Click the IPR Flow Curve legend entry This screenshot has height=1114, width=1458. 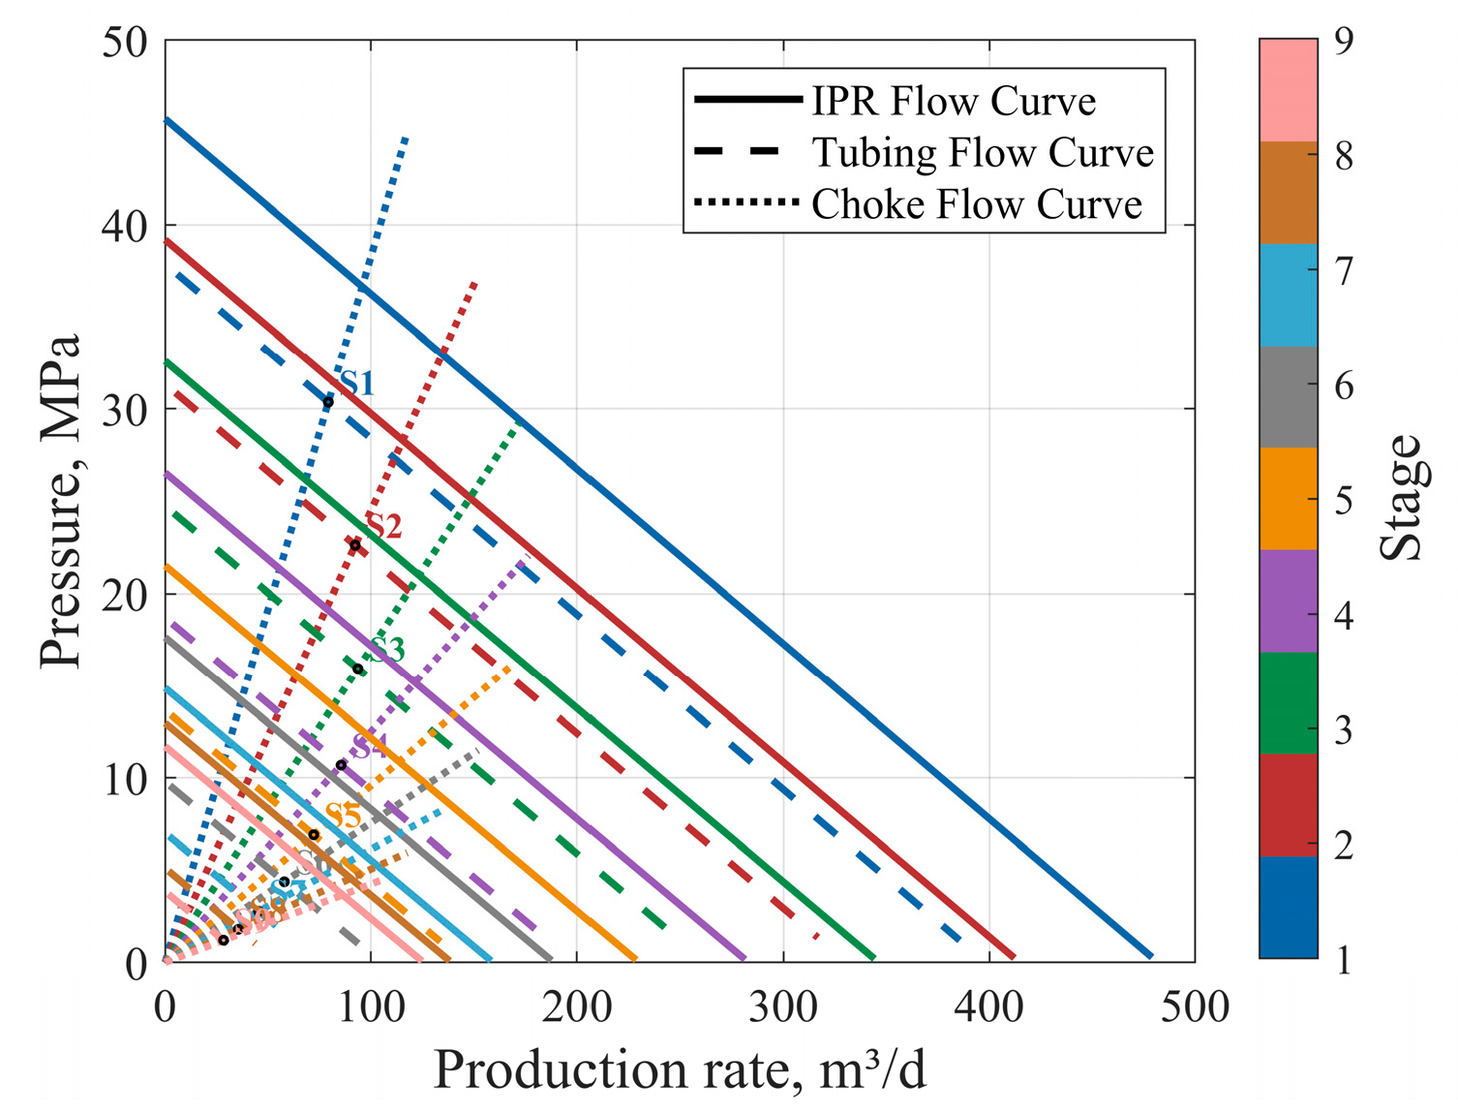coord(953,101)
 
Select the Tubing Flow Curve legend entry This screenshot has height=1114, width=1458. coord(982,152)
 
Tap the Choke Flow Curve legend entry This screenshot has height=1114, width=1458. coord(976,204)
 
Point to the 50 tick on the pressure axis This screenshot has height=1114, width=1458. coord(125,42)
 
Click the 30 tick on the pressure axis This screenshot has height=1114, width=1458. coord(125,410)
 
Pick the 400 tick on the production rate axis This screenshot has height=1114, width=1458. coord(989,1007)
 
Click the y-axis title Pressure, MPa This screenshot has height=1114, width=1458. coord(60,501)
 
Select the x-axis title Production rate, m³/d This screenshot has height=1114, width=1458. coord(679,1070)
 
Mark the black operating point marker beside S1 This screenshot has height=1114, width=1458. coord(328,402)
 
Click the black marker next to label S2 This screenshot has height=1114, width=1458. coord(354,545)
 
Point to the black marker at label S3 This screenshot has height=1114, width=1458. coord(357,669)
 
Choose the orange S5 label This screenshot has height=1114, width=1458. coord(344,816)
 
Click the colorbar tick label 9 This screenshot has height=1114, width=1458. coord(1344,42)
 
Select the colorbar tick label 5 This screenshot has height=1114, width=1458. coord(1344,501)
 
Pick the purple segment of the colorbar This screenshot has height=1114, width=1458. coord(1289,601)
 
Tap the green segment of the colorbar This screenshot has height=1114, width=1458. coord(1289,703)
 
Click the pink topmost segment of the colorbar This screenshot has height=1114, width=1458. coord(1289,90)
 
